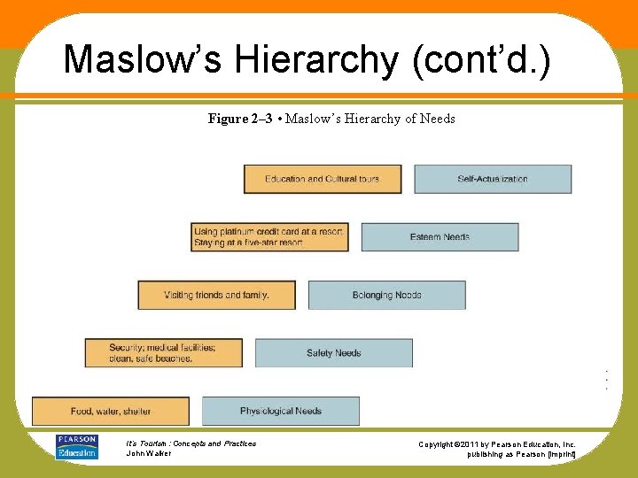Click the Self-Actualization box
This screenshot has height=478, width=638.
tap(493, 179)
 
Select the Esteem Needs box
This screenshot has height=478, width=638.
tap(440, 237)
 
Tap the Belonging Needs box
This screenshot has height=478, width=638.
tap(386, 295)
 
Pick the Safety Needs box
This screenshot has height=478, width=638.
tap(334, 353)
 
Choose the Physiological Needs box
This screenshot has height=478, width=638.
tap(281, 411)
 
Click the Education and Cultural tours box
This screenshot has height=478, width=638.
tap(323, 179)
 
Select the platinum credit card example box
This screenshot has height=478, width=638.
tap(269, 237)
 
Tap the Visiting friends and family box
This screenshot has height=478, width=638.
tap(216, 295)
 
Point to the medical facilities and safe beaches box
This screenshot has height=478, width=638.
tap(163, 352)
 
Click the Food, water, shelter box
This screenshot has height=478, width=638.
tap(111, 411)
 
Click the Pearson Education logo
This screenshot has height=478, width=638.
tap(76, 447)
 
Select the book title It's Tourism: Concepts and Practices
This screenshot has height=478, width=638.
tap(191, 443)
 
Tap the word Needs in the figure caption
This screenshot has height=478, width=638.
tap(438, 119)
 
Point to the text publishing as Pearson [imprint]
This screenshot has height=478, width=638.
tap(522, 454)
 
